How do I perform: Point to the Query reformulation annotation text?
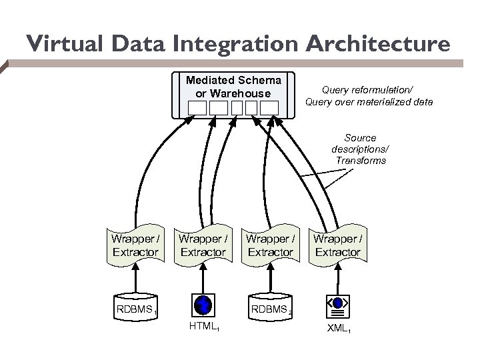click(x=369, y=95)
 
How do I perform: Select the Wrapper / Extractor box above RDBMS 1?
click(x=135, y=245)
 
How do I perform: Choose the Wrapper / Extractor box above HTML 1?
click(x=203, y=245)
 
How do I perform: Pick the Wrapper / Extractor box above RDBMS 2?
click(x=270, y=245)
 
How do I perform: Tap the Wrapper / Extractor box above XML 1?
click(x=337, y=245)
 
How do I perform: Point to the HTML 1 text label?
click(x=203, y=327)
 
